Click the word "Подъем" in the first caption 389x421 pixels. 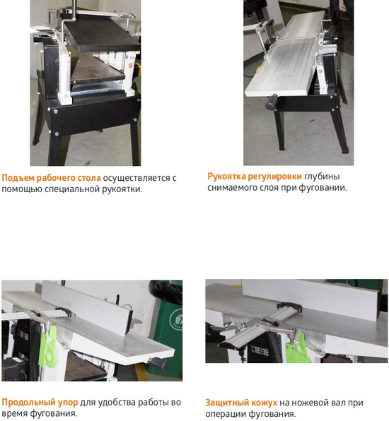(x=18, y=178)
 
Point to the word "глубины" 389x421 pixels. (x=322, y=177)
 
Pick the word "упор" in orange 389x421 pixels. (x=68, y=403)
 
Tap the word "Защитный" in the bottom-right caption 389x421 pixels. (x=226, y=403)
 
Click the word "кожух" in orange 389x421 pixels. (x=262, y=403)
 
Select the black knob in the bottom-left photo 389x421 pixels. (x=161, y=364)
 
